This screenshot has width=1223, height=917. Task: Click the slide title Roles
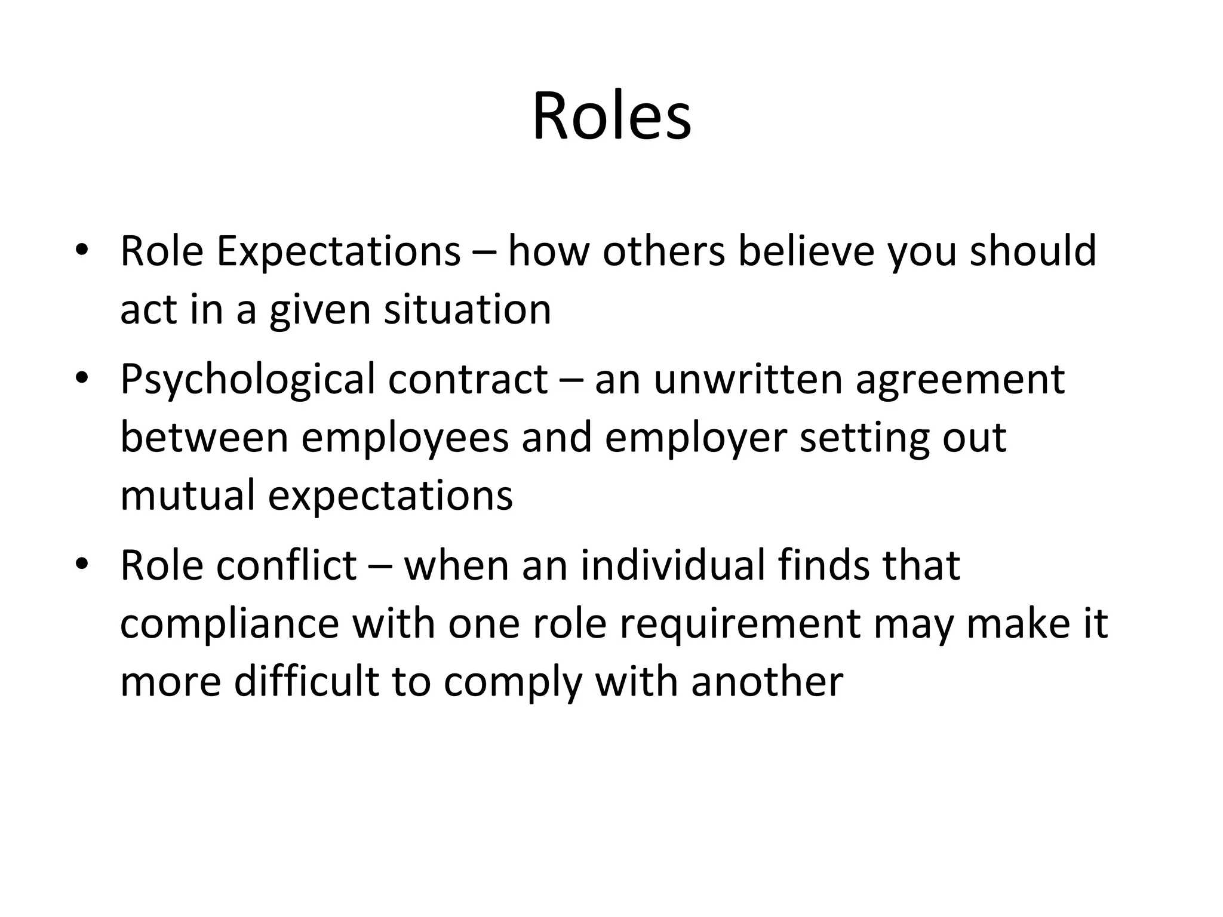pos(611,116)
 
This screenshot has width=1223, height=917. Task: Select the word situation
pos(468,310)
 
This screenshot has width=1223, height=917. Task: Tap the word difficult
pos(306,682)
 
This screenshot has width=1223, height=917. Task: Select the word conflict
pos(287,565)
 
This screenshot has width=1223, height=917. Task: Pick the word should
pos(1033,251)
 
